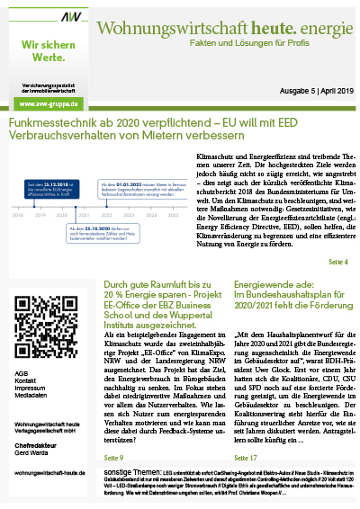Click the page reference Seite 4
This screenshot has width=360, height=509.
pos(338,262)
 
